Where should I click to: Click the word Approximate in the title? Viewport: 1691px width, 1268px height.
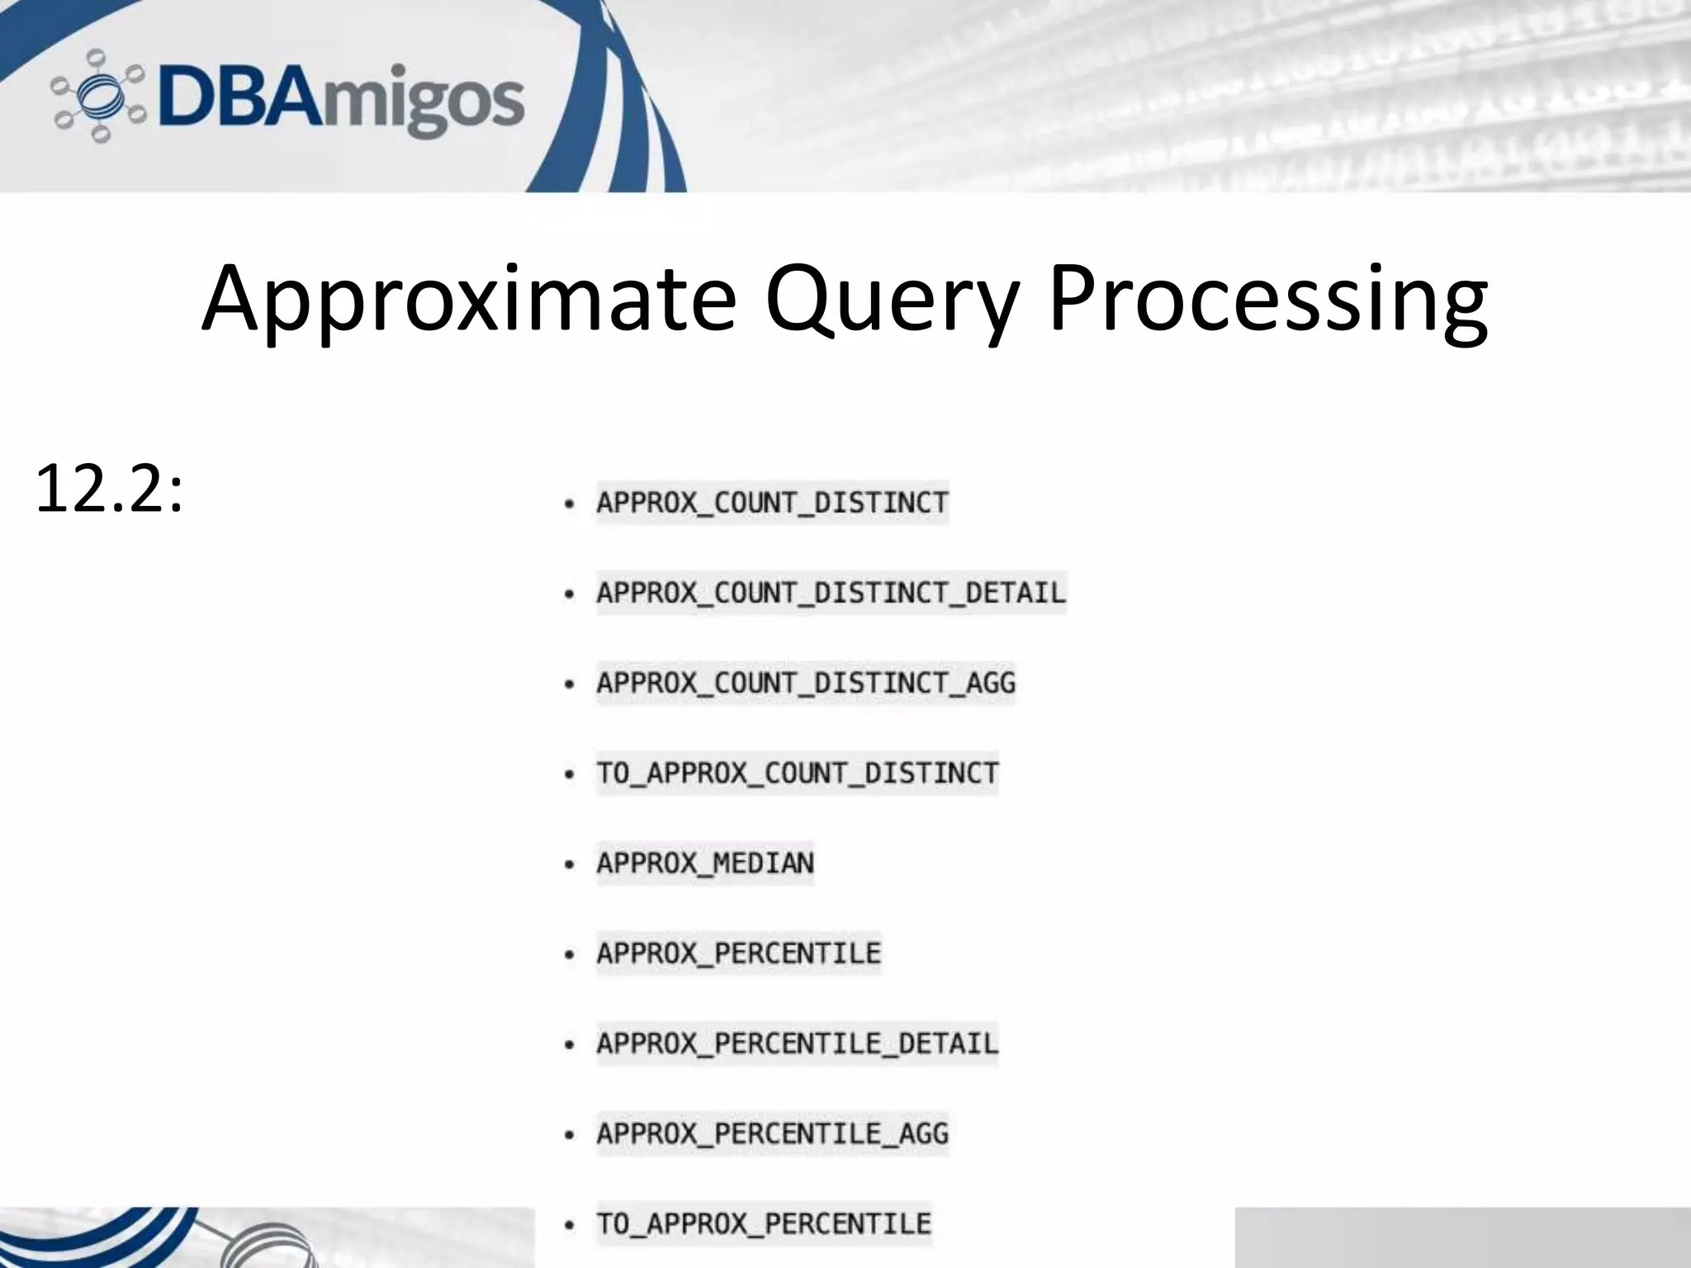(467, 299)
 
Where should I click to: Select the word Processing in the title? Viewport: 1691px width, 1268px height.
(1267, 299)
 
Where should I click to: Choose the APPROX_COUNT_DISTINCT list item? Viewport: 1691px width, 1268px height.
(772, 503)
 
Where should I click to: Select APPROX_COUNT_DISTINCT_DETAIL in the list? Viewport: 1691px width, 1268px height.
(831, 593)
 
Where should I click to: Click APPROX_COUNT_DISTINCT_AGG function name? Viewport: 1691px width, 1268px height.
(806, 683)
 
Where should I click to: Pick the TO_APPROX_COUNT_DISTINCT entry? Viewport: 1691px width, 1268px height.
(797, 773)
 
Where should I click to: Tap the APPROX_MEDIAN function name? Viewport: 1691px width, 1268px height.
(705, 863)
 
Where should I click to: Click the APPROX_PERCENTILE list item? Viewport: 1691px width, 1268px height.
(739, 953)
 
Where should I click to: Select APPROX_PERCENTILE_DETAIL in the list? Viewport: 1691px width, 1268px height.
(797, 1043)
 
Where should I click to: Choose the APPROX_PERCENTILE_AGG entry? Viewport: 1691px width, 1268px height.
(772, 1133)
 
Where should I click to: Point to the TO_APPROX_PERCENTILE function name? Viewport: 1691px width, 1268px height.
(764, 1223)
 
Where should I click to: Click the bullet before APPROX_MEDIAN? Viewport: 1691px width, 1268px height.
(569, 865)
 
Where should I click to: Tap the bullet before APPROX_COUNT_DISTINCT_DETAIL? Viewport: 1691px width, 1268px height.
(569, 594)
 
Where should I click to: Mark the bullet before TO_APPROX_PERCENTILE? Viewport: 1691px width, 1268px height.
(569, 1225)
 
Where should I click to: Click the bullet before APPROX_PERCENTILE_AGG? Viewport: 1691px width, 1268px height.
(569, 1135)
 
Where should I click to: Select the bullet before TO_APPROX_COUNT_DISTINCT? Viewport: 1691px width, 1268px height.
(569, 774)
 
